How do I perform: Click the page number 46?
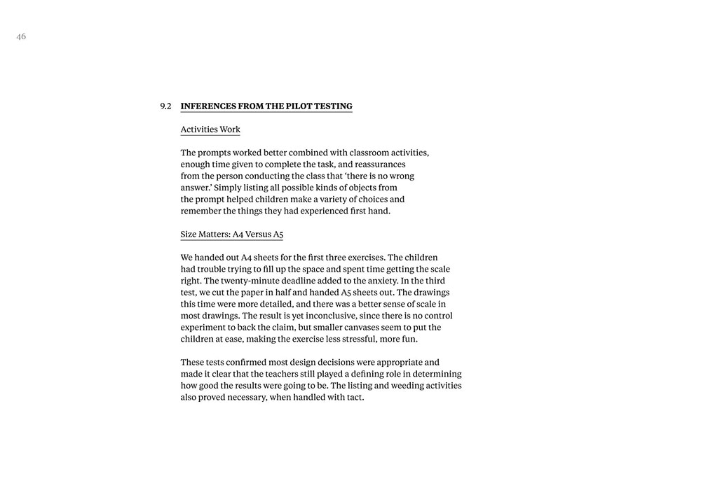click(21, 36)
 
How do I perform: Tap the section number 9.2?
click(165, 106)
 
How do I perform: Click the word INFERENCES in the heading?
click(208, 106)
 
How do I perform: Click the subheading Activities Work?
click(210, 129)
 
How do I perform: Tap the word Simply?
click(229, 188)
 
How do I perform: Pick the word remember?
click(201, 211)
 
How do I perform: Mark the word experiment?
click(203, 327)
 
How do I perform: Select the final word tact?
click(355, 398)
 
